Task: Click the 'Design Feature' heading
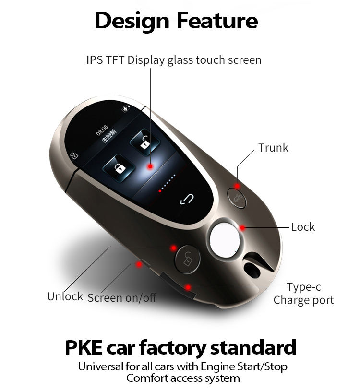click(176, 21)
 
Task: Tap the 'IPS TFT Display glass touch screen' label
click(174, 60)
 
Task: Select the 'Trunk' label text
click(273, 148)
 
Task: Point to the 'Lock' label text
click(303, 226)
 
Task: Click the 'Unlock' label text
click(65, 296)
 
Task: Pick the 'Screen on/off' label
click(122, 298)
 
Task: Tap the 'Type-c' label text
click(304, 287)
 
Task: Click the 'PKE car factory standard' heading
click(180, 347)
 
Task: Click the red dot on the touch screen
click(150, 166)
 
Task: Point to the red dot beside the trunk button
click(237, 186)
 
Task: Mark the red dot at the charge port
click(189, 287)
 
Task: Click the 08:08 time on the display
click(102, 130)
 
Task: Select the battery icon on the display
click(126, 109)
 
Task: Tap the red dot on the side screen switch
click(139, 263)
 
